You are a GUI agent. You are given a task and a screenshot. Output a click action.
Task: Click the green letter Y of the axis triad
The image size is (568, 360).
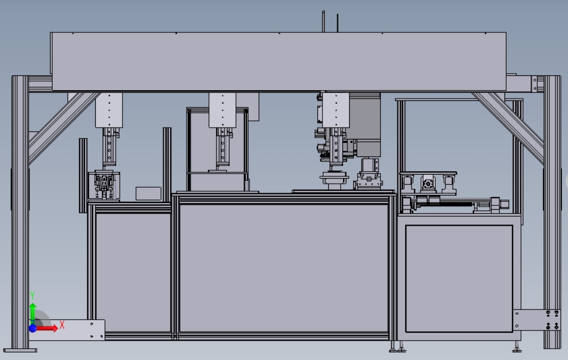coord(32,295)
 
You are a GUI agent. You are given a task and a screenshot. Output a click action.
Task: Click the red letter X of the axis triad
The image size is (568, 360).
coord(62,325)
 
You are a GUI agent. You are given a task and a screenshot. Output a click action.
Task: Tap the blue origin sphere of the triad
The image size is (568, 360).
coord(33,328)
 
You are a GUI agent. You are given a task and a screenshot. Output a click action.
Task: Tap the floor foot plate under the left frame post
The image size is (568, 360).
coord(20,350)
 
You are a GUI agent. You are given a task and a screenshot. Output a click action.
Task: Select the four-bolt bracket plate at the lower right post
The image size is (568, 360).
coord(537,320)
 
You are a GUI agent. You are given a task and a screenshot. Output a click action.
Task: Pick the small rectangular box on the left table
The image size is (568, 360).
coord(149,193)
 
